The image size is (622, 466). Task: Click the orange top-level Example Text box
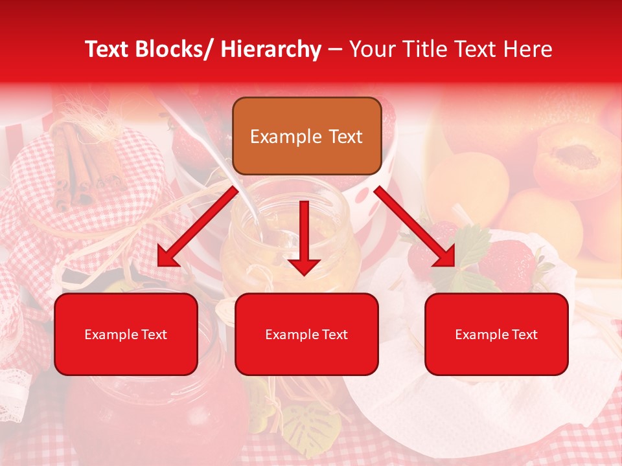point(306,136)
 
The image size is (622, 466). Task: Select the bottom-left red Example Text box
point(126,334)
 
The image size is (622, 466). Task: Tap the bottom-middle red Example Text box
point(306,334)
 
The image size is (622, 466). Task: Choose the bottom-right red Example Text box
point(496,334)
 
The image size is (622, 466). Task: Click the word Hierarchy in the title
point(271,49)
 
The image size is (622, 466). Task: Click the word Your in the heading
point(371,49)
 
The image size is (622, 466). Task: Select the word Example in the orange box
point(286,137)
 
